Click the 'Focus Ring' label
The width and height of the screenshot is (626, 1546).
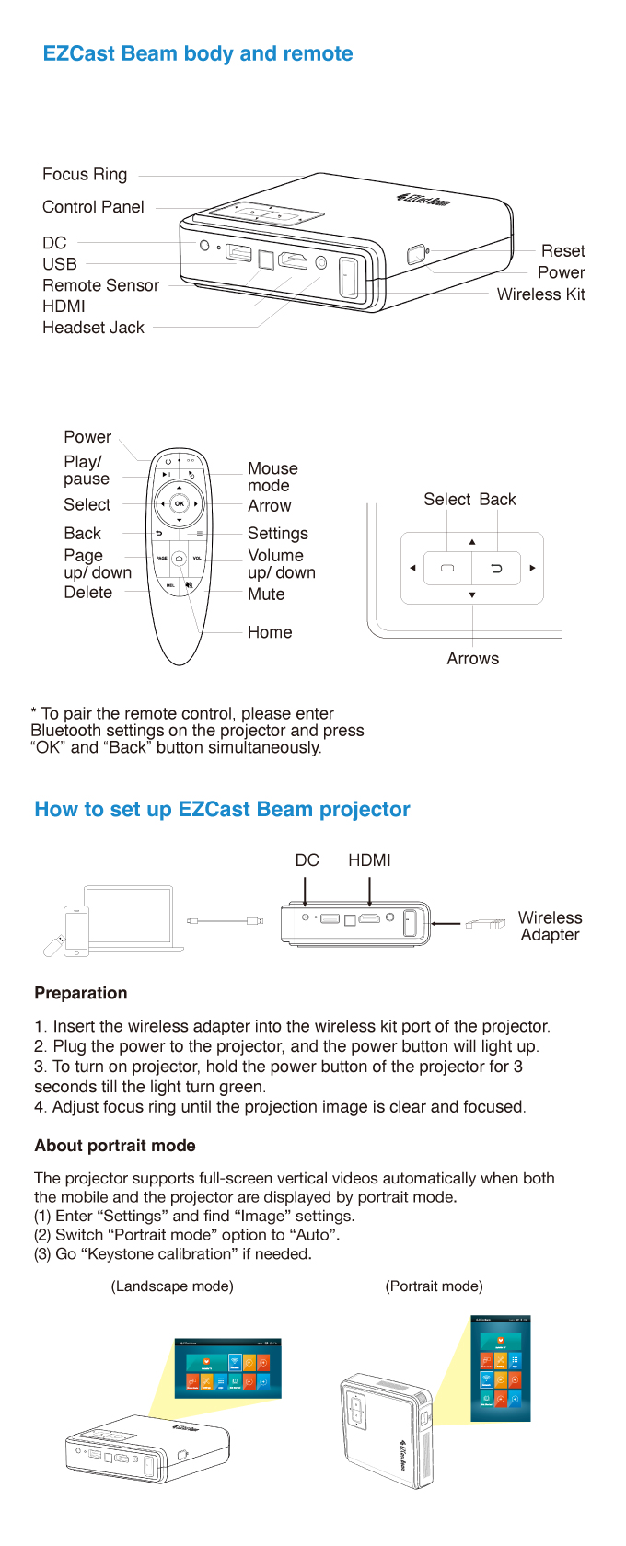coord(85,175)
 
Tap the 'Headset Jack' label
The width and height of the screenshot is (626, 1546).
coord(93,328)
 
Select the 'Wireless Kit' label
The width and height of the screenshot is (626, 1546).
coord(540,294)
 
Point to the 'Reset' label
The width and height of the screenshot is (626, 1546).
coord(562,251)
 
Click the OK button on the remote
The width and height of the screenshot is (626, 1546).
coord(180,503)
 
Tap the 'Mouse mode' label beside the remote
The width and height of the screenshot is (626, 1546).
coord(272,477)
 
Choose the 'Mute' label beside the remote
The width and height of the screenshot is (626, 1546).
coord(266,594)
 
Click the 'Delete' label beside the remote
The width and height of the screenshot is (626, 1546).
coord(88,593)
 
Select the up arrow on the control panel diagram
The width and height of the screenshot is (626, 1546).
coord(472,542)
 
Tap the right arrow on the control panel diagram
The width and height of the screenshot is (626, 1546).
coord(532,568)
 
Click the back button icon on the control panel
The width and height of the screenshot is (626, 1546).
coord(496,569)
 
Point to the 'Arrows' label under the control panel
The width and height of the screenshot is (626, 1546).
coord(472,659)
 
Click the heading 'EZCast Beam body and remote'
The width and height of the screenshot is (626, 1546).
coord(198,53)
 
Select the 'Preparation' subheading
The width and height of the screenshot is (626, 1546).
coord(81,993)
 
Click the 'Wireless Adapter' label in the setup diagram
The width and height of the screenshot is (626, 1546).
coord(550,926)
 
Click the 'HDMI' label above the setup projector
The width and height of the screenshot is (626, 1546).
coord(369,860)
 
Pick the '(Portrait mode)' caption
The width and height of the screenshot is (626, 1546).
coord(434,1286)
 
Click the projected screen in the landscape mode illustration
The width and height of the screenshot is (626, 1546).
coord(227,1368)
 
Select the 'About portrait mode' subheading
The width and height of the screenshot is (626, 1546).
coord(115,1146)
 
